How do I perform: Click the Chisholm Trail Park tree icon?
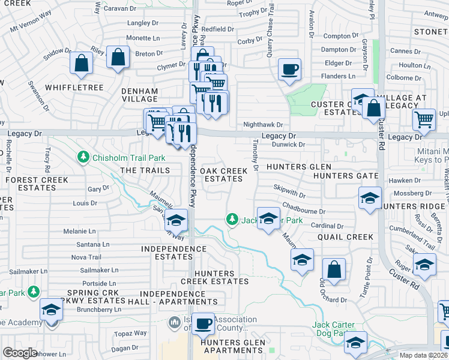click(83, 158)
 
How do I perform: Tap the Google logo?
click(20, 353)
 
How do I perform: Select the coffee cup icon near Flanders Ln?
click(289, 69)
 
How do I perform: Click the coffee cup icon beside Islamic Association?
click(203, 324)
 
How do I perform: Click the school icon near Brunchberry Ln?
click(52, 310)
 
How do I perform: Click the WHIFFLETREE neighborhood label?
click(79, 88)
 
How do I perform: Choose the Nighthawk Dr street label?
click(259, 124)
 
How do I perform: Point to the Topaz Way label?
click(131, 332)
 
